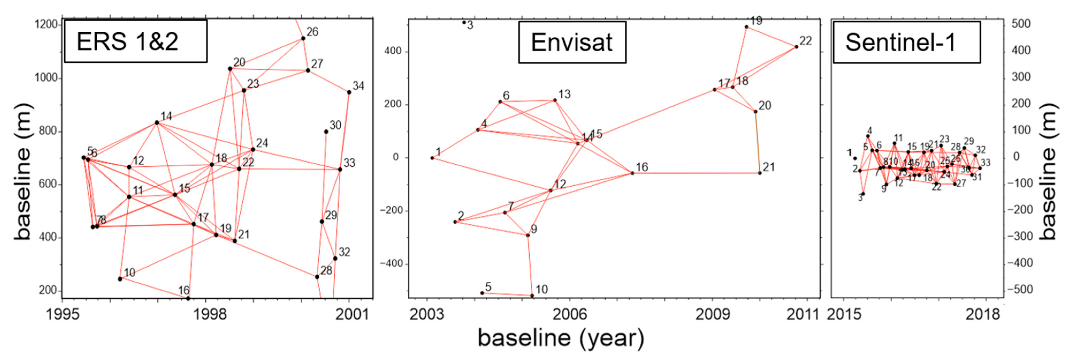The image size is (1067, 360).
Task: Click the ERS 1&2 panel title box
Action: [x=135, y=41]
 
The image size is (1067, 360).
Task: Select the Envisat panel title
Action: [x=572, y=42]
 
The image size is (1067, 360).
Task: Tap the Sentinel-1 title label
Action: [x=906, y=42]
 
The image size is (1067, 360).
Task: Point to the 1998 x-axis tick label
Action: [x=211, y=315]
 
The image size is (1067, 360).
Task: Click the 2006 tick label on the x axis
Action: [x=570, y=315]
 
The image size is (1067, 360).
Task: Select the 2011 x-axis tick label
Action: [x=803, y=315]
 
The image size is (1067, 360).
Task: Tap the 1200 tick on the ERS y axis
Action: [x=46, y=24]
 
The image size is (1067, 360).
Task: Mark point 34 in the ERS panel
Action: [x=349, y=92]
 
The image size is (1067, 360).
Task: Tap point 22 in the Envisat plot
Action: [x=796, y=47]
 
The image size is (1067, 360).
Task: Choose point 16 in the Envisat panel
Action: [x=632, y=173]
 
